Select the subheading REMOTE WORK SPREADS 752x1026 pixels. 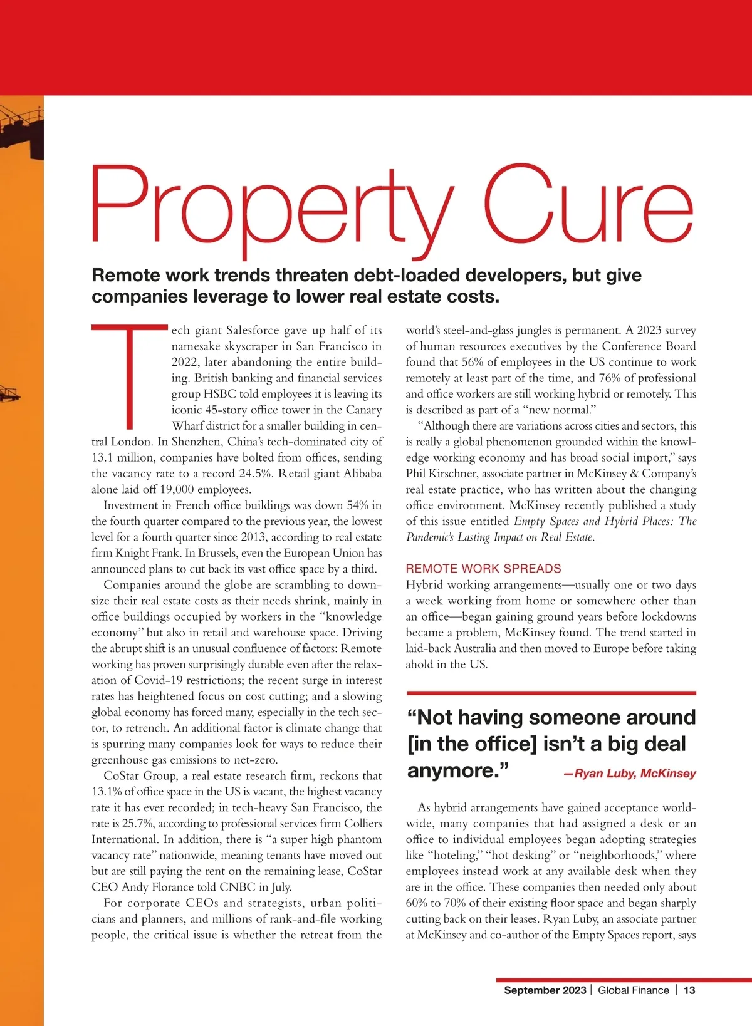tap(483, 568)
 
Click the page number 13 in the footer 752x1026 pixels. tap(689, 990)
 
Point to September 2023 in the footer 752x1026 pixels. tap(545, 990)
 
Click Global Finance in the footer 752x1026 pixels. tap(633, 990)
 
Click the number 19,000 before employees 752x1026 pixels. tap(177, 489)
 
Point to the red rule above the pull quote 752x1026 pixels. tap(551, 693)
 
